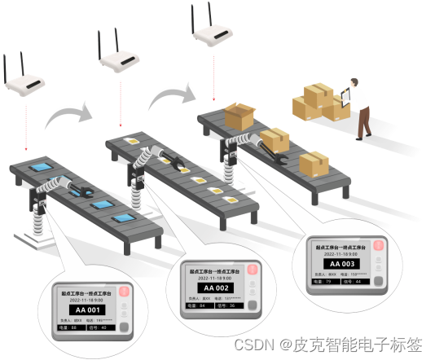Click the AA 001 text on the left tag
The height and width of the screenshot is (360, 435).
pyautogui.click(x=84, y=310)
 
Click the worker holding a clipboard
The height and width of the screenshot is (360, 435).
pyautogui.click(x=358, y=106)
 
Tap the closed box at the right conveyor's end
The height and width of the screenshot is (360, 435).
pyautogui.click(x=314, y=163)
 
